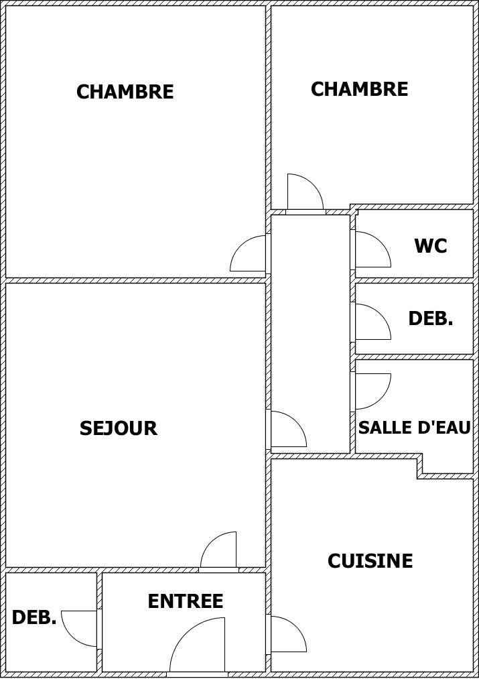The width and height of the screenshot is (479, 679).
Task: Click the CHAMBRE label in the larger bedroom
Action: (125, 92)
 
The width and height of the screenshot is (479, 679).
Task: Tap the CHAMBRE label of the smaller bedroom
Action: (359, 89)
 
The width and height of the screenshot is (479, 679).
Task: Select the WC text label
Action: (430, 246)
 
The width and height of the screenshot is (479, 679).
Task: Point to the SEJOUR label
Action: (118, 428)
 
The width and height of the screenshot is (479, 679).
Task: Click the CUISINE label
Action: (370, 561)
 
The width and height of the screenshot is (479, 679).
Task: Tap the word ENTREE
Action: (185, 601)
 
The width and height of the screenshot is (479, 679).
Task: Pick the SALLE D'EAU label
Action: (414, 428)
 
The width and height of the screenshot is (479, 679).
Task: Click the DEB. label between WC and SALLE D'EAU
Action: (430, 319)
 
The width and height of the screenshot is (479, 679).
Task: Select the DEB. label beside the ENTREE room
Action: (34, 618)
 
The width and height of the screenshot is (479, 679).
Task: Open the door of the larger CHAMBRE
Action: (249, 255)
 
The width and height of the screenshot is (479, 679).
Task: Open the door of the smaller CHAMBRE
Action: (303, 193)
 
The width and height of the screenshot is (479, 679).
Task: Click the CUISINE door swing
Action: (287, 635)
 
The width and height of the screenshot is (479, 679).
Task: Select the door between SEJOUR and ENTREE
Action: (220, 551)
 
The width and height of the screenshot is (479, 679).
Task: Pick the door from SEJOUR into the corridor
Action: (287, 430)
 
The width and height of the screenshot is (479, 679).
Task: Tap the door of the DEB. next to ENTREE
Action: (80, 627)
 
